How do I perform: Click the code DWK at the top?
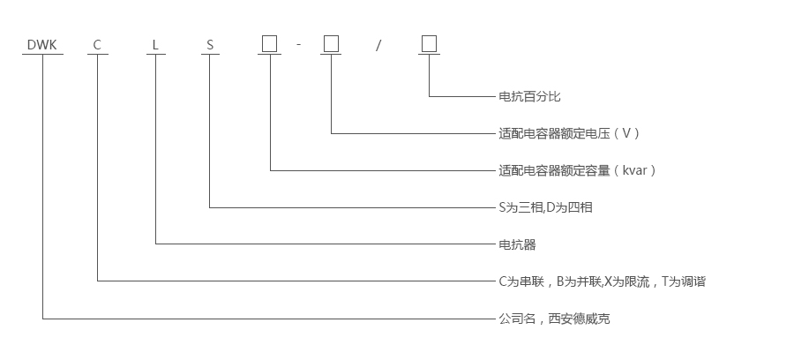pos(42,43)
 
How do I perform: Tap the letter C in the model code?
pos(97,43)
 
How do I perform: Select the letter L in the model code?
pos(155,43)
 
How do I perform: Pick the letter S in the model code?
pos(210,43)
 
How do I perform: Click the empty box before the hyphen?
pos(270,43)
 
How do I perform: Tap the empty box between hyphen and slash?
pos(331,43)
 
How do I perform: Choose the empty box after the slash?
pos(429,43)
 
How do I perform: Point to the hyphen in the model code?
pos(299,44)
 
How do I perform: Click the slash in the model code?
pos(378,44)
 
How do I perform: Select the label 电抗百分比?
pos(529,96)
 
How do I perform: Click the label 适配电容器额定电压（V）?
pos(569,133)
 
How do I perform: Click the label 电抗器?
pos(517,244)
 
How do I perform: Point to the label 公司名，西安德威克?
pos(554,319)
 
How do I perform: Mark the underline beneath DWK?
pos(42,55)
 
